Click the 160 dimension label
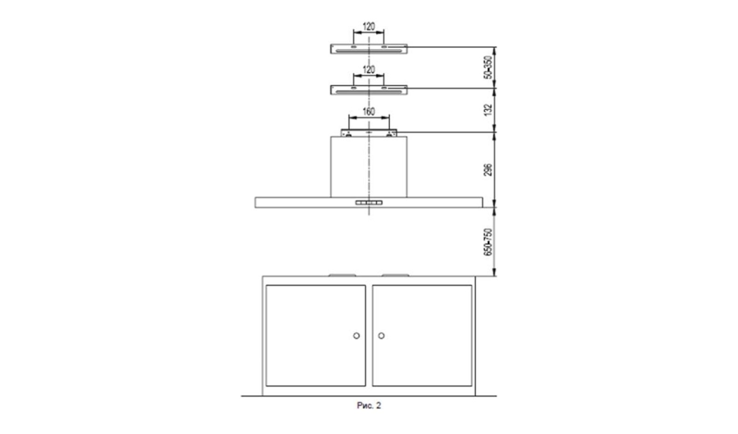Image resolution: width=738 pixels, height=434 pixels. pyautogui.click(x=369, y=112)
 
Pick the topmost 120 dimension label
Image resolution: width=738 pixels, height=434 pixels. pyautogui.click(x=369, y=26)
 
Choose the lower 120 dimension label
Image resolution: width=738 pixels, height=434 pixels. pyautogui.click(x=369, y=70)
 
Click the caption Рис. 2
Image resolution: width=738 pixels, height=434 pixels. pyautogui.click(x=369, y=405)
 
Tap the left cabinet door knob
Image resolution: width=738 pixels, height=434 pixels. pyautogui.click(x=356, y=336)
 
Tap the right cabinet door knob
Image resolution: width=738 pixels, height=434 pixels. pyautogui.click(x=381, y=336)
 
